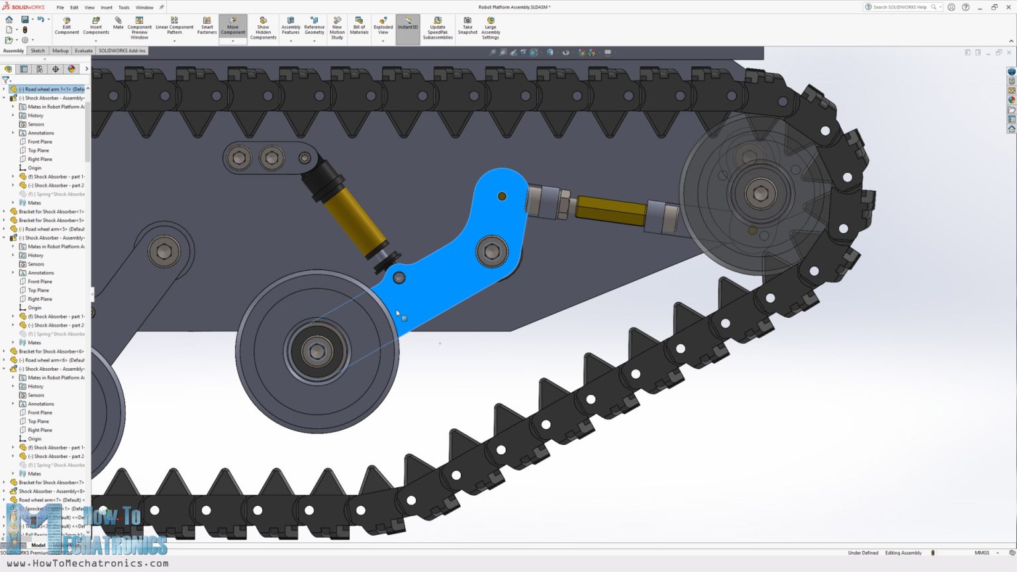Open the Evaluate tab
coord(83,50)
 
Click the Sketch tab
coord(38,50)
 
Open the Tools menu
coord(124,7)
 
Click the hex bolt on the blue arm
coord(492,252)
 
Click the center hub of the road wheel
coord(317,352)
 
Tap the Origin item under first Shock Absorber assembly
coord(34,167)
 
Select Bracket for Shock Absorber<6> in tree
coord(51,352)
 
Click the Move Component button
coord(232,28)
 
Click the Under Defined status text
coord(863,553)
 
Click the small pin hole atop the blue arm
coord(502,196)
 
